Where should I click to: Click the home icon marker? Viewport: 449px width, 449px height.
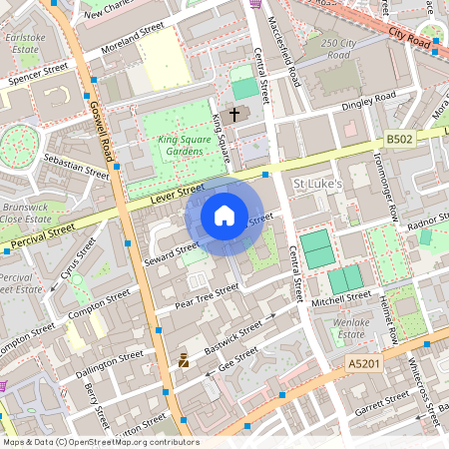224,215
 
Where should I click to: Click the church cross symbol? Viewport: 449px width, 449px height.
235,114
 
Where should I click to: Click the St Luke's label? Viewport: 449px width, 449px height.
317,184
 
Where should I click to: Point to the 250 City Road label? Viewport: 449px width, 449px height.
340,50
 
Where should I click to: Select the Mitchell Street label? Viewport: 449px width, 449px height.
340,299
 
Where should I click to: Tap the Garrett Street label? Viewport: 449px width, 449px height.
382,401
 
